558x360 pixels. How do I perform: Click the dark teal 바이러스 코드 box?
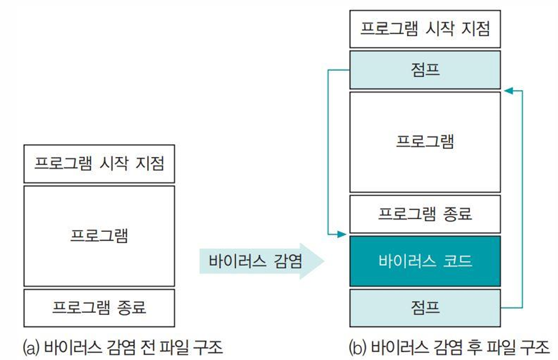pyautogui.click(x=425, y=261)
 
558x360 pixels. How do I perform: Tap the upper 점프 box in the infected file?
pyautogui.click(x=425, y=70)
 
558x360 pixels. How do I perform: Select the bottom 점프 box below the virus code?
pyautogui.click(x=425, y=308)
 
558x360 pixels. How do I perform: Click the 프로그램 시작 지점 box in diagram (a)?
pyautogui.click(x=99, y=163)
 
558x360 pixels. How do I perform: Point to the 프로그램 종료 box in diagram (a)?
pyautogui.click(x=99, y=308)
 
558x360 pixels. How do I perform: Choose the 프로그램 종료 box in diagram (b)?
pyautogui.click(x=425, y=214)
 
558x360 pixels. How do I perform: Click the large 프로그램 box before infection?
pyautogui.click(x=99, y=236)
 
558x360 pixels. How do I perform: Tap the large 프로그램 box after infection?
pyautogui.click(x=425, y=142)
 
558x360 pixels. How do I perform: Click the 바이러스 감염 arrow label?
pyautogui.click(x=256, y=261)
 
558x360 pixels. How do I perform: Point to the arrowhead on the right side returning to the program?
pyautogui.click(x=507, y=90)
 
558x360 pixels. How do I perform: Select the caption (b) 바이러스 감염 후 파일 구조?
pyautogui.click(x=449, y=348)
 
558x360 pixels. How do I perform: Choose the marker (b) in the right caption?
pyautogui.click(x=358, y=348)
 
